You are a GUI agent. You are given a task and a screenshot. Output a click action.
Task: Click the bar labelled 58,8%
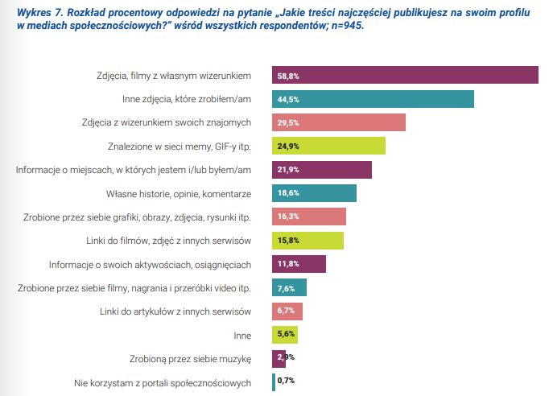tap(406, 75)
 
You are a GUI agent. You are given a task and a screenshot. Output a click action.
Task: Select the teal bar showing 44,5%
tap(373, 99)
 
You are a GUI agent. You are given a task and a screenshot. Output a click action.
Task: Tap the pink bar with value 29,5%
tap(339, 122)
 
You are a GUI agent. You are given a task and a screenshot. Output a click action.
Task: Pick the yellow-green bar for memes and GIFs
tap(329, 146)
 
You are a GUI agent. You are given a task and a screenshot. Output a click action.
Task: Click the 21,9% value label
tap(287, 170)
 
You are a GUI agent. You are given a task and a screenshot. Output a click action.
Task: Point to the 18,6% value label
tap(287, 193)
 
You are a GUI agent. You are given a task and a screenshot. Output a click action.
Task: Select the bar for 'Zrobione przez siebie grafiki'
tap(309, 217)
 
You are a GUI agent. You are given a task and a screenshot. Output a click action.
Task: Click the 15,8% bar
tap(308, 240)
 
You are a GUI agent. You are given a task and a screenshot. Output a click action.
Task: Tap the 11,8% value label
tap(287, 264)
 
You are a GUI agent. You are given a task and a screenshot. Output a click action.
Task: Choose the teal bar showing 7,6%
tap(290, 287)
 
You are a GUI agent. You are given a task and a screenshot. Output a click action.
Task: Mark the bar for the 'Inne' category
tap(286, 334)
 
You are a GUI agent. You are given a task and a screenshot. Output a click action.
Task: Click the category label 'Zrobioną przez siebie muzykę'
tap(192, 358)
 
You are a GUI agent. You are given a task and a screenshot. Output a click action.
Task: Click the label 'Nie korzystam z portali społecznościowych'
tap(163, 382)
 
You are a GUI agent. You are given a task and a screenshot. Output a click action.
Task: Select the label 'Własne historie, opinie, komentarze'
tap(180, 193)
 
